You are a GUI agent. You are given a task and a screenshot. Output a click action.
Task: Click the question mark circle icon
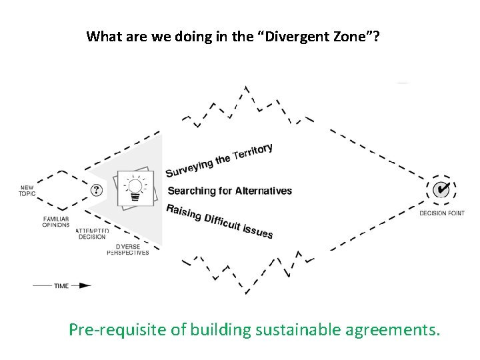pyautogui.click(x=97, y=190)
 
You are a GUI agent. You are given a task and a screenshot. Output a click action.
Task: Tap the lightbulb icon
pyautogui.click(x=135, y=188)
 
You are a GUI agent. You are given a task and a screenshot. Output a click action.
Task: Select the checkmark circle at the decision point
pyautogui.click(x=441, y=190)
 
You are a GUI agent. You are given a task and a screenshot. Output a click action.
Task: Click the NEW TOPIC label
pyautogui.click(x=27, y=190)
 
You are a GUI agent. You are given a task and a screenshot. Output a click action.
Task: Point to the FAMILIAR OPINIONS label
pyautogui.click(x=56, y=221)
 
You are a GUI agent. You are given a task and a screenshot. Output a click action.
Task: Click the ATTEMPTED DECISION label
pyautogui.click(x=92, y=233)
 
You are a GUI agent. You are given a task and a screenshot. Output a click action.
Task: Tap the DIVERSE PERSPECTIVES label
pyautogui.click(x=128, y=249)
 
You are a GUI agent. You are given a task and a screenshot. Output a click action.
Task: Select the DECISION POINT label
pyautogui.click(x=441, y=213)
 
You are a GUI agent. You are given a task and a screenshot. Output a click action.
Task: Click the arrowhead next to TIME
pyautogui.click(x=84, y=285)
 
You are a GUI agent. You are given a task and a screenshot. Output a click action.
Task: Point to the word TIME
pyautogui.click(x=61, y=286)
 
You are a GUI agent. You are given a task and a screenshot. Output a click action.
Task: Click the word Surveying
pyautogui.click(x=189, y=165)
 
